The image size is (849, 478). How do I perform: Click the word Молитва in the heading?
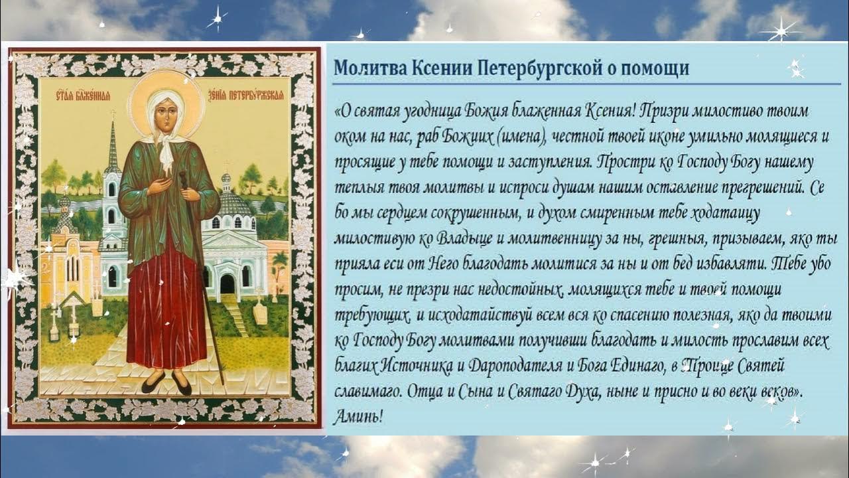click(366, 68)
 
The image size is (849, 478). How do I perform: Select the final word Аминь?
click(358, 416)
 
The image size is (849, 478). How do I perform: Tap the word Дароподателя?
click(522, 366)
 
